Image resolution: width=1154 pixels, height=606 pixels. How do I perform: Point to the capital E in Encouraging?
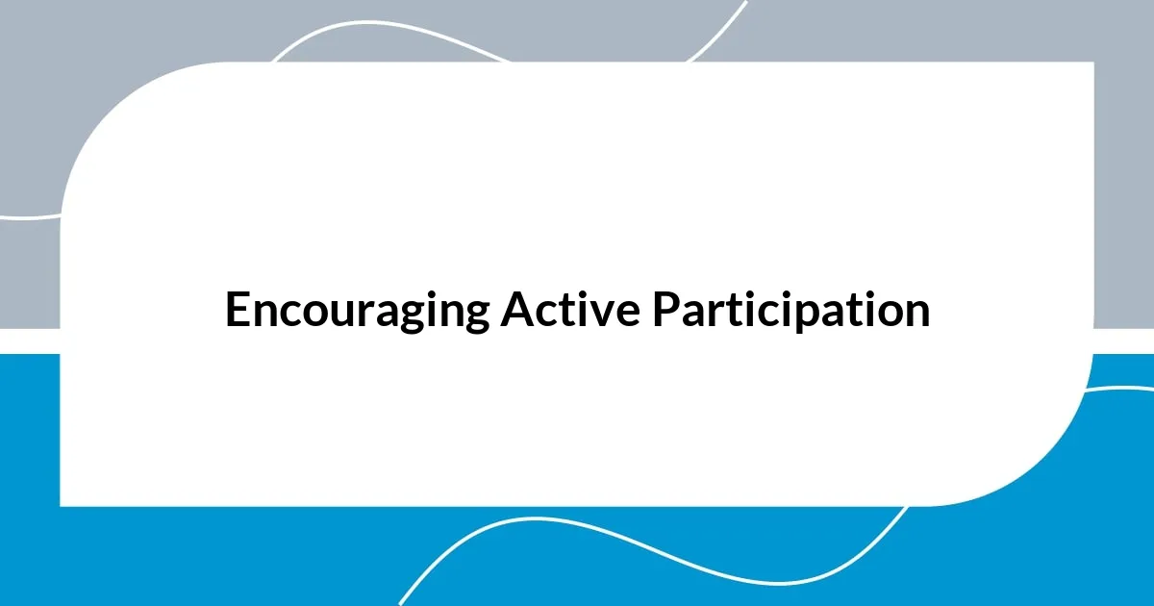[x=236, y=310]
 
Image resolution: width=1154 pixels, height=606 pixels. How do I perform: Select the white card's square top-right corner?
[x=1091, y=64]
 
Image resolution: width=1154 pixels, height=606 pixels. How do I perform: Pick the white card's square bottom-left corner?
[x=63, y=503]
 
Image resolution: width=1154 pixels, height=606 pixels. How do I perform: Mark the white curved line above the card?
[x=385, y=23]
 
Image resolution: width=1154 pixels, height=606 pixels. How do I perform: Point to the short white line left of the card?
[x=29, y=216]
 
